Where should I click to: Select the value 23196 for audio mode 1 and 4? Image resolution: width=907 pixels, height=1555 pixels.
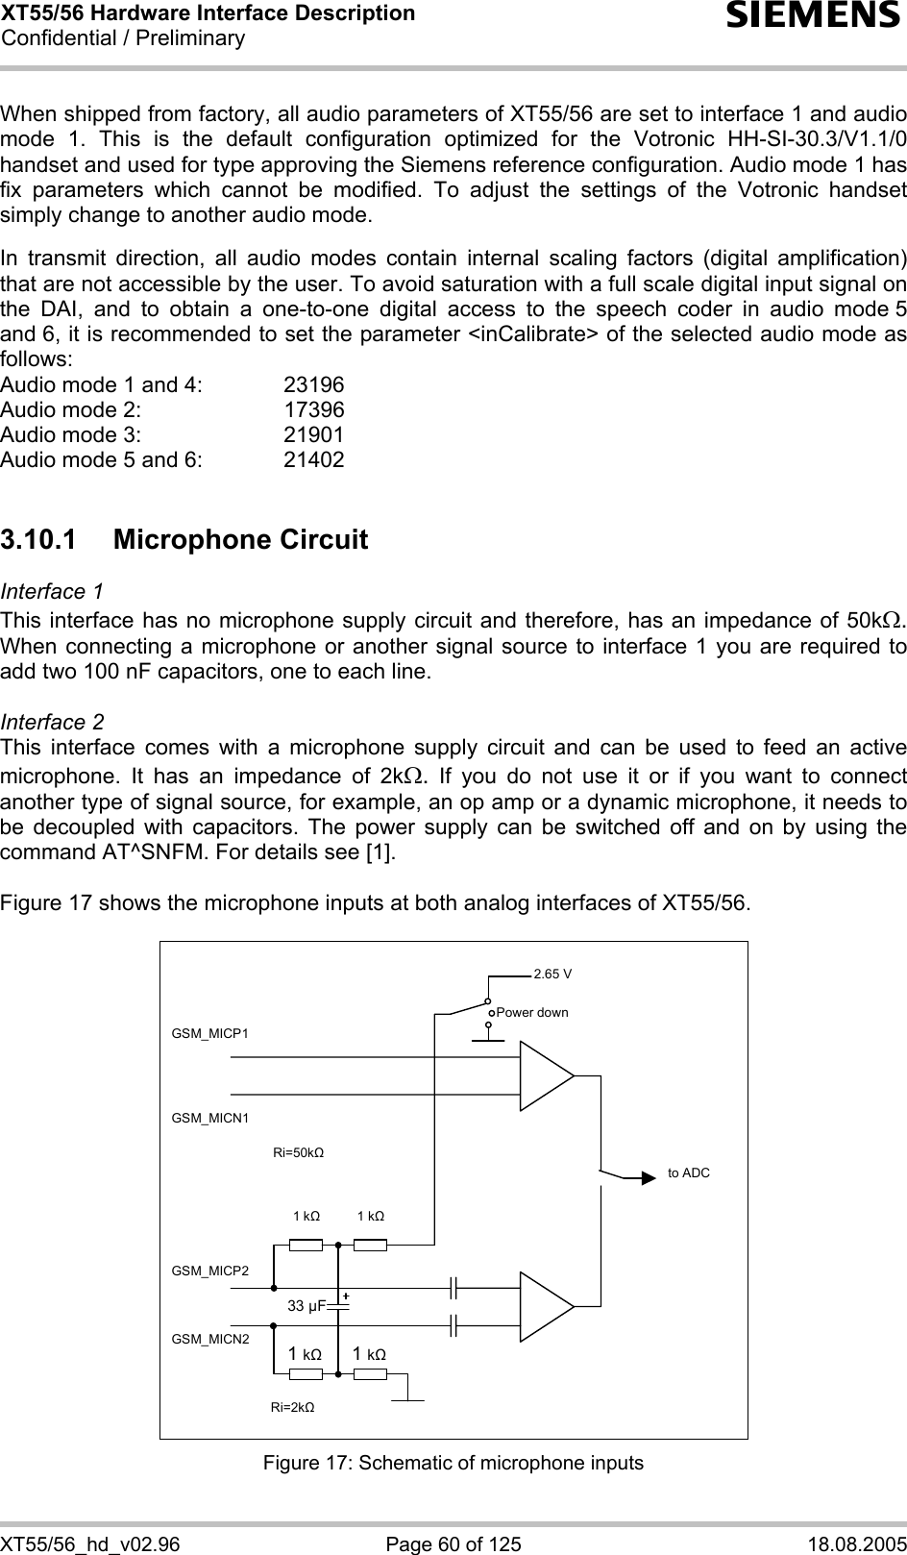tap(313, 385)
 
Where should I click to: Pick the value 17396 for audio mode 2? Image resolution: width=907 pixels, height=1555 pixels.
tap(313, 410)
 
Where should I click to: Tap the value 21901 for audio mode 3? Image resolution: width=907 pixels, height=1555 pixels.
tap(313, 435)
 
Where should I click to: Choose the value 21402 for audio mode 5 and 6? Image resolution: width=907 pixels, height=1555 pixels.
tap(313, 460)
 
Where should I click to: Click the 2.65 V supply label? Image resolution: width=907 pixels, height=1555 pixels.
tap(552, 974)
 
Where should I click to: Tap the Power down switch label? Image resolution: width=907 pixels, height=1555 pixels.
tap(532, 1013)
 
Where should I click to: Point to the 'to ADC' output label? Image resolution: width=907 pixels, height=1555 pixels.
tap(689, 1173)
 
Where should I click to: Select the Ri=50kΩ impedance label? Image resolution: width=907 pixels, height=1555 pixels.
tap(298, 1152)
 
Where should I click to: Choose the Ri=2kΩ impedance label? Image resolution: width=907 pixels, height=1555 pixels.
tap(292, 1407)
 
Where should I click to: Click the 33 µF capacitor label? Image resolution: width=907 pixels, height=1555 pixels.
tap(307, 1306)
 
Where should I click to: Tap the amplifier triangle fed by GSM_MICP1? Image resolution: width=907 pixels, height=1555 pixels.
tap(545, 1076)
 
